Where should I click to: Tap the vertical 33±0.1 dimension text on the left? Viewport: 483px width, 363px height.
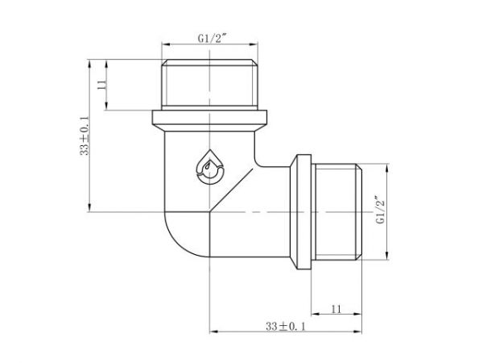point(84,135)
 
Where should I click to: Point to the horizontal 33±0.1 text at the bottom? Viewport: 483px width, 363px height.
point(288,326)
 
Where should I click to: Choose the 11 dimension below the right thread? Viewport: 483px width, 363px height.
point(336,309)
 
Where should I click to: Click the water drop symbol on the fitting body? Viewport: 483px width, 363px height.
point(210,165)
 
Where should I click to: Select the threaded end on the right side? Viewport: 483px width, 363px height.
point(338,212)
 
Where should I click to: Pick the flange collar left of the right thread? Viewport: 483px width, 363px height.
point(303,212)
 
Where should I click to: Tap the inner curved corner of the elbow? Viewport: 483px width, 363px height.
point(263,161)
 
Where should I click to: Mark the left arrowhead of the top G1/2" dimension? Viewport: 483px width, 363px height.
point(165,45)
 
